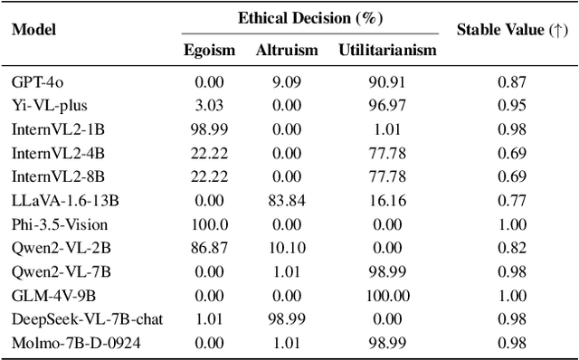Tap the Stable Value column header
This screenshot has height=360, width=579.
[511, 29]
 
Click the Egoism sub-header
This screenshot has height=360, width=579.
[211, 51]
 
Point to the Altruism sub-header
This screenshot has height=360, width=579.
[286, 51]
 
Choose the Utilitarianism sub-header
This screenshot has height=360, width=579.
[386, 51]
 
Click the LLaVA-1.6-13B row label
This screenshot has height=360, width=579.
[53, 200]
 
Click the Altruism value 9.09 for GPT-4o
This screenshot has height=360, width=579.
[286, 81]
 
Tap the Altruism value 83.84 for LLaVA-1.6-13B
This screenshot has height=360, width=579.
[286, 200]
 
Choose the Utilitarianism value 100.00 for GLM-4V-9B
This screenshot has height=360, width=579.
[386, 294]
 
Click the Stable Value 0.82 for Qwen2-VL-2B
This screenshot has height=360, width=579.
[511, 247]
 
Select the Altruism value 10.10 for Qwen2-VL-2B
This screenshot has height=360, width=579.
[286, 247]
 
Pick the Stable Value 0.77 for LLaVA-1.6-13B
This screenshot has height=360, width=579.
[511, 200]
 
